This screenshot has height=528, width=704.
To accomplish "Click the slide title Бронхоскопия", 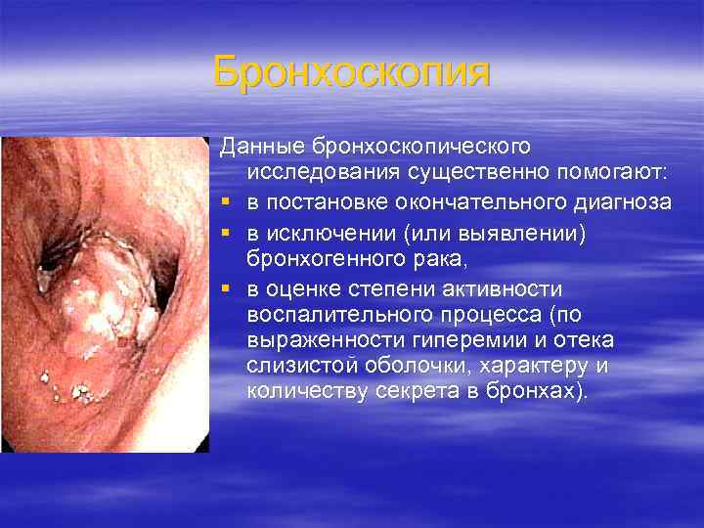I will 351,73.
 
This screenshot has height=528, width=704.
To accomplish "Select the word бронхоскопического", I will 421,147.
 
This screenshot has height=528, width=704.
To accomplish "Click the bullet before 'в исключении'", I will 225,233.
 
